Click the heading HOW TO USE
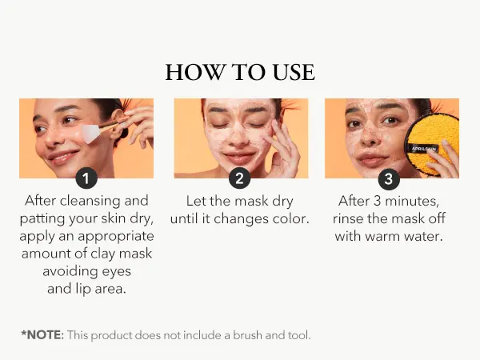tap(240, 72)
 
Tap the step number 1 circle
tap(86, 178)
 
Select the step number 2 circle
tap(240, 178)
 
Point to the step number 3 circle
tap(389, 178)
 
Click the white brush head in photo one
tap(91, 134)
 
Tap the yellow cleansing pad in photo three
tap(432, 144)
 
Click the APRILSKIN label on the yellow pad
tap(424, 149)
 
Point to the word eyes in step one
tap(116, 271)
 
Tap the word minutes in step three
tap(412, 201)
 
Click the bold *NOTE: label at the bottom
tap(42, 335)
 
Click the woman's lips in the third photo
tap(373, 159)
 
